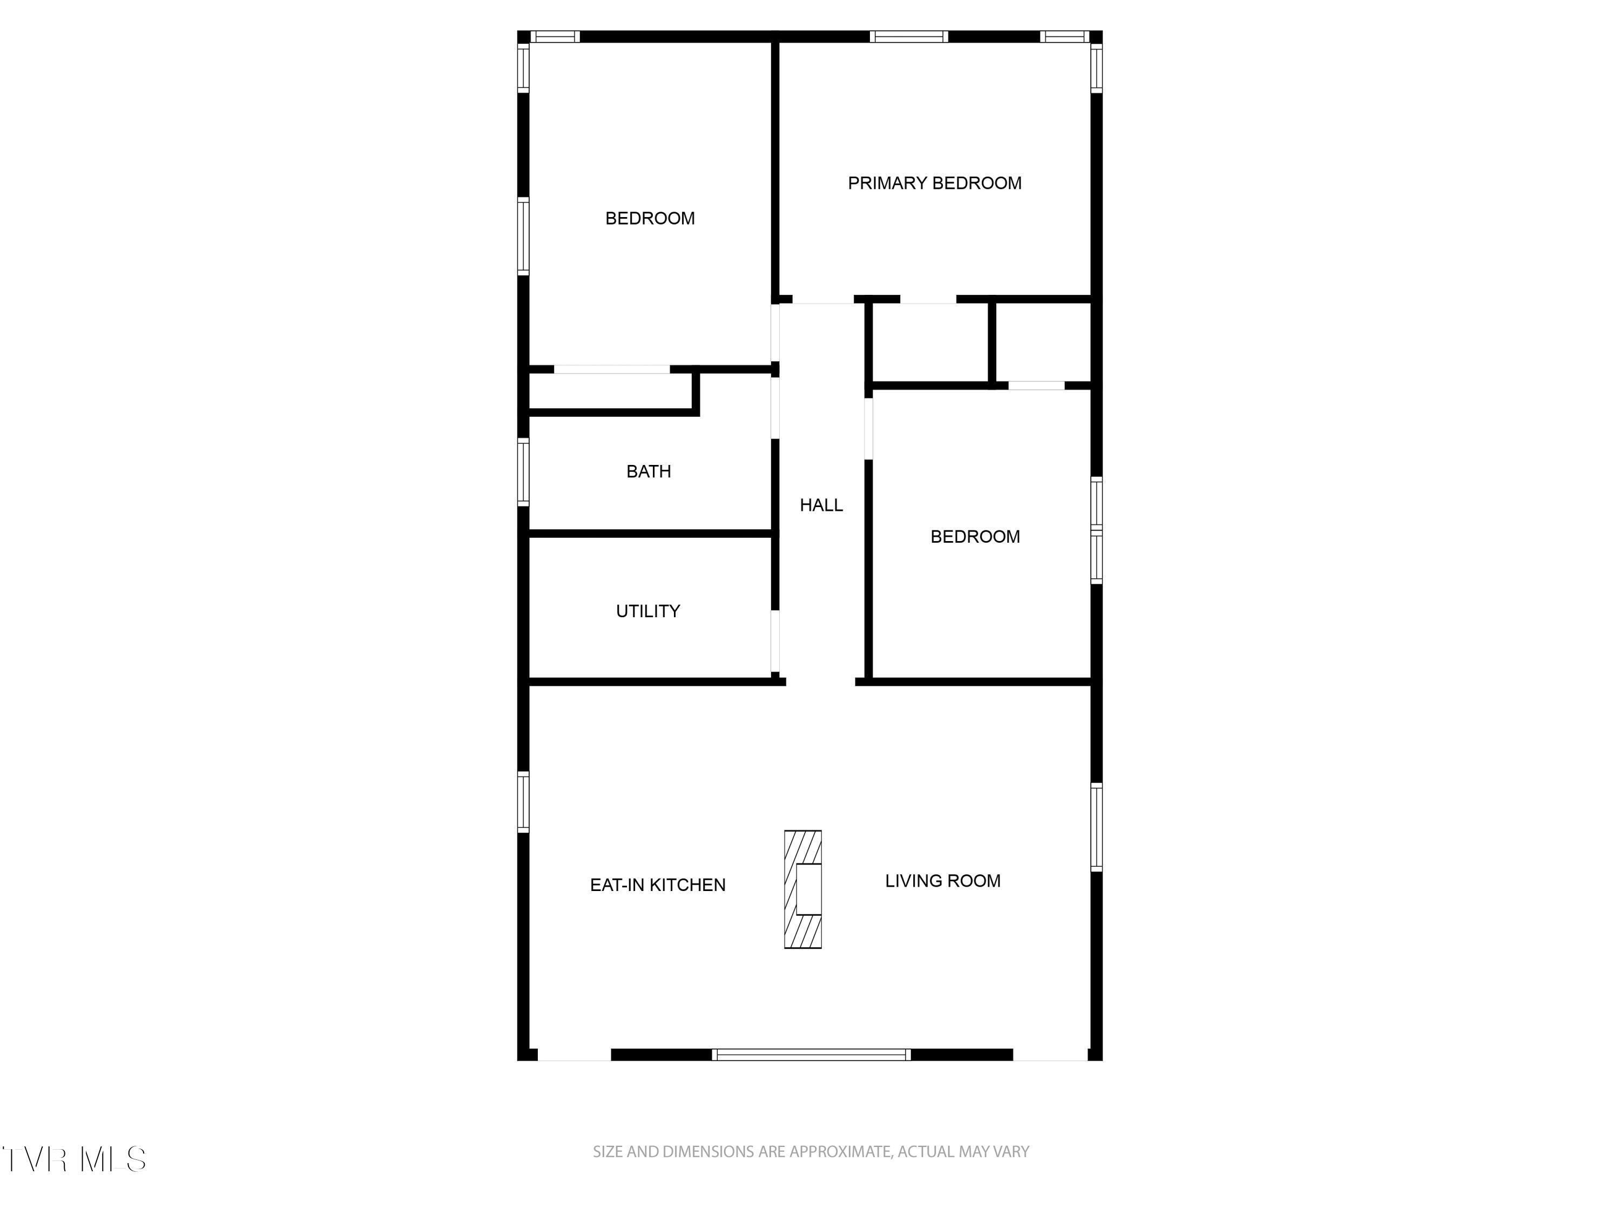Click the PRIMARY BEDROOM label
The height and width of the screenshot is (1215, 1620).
coord(935,183)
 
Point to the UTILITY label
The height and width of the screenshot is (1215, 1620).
coord(648,611)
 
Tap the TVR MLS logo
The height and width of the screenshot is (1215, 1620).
coord(74,1159)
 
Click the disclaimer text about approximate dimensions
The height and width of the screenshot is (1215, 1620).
coord(811,1152)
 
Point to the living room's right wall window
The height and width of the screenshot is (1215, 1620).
coord(1096,827)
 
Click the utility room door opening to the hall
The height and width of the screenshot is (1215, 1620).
coord(775,642)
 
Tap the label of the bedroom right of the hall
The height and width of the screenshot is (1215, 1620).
coord(975,537)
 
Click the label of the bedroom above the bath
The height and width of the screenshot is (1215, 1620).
coord(650,218)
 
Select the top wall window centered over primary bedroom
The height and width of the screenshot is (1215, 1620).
coord(909,37)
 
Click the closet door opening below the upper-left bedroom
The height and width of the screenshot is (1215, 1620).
coord(611,369)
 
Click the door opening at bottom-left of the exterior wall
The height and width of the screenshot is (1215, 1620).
coord(574,1055)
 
